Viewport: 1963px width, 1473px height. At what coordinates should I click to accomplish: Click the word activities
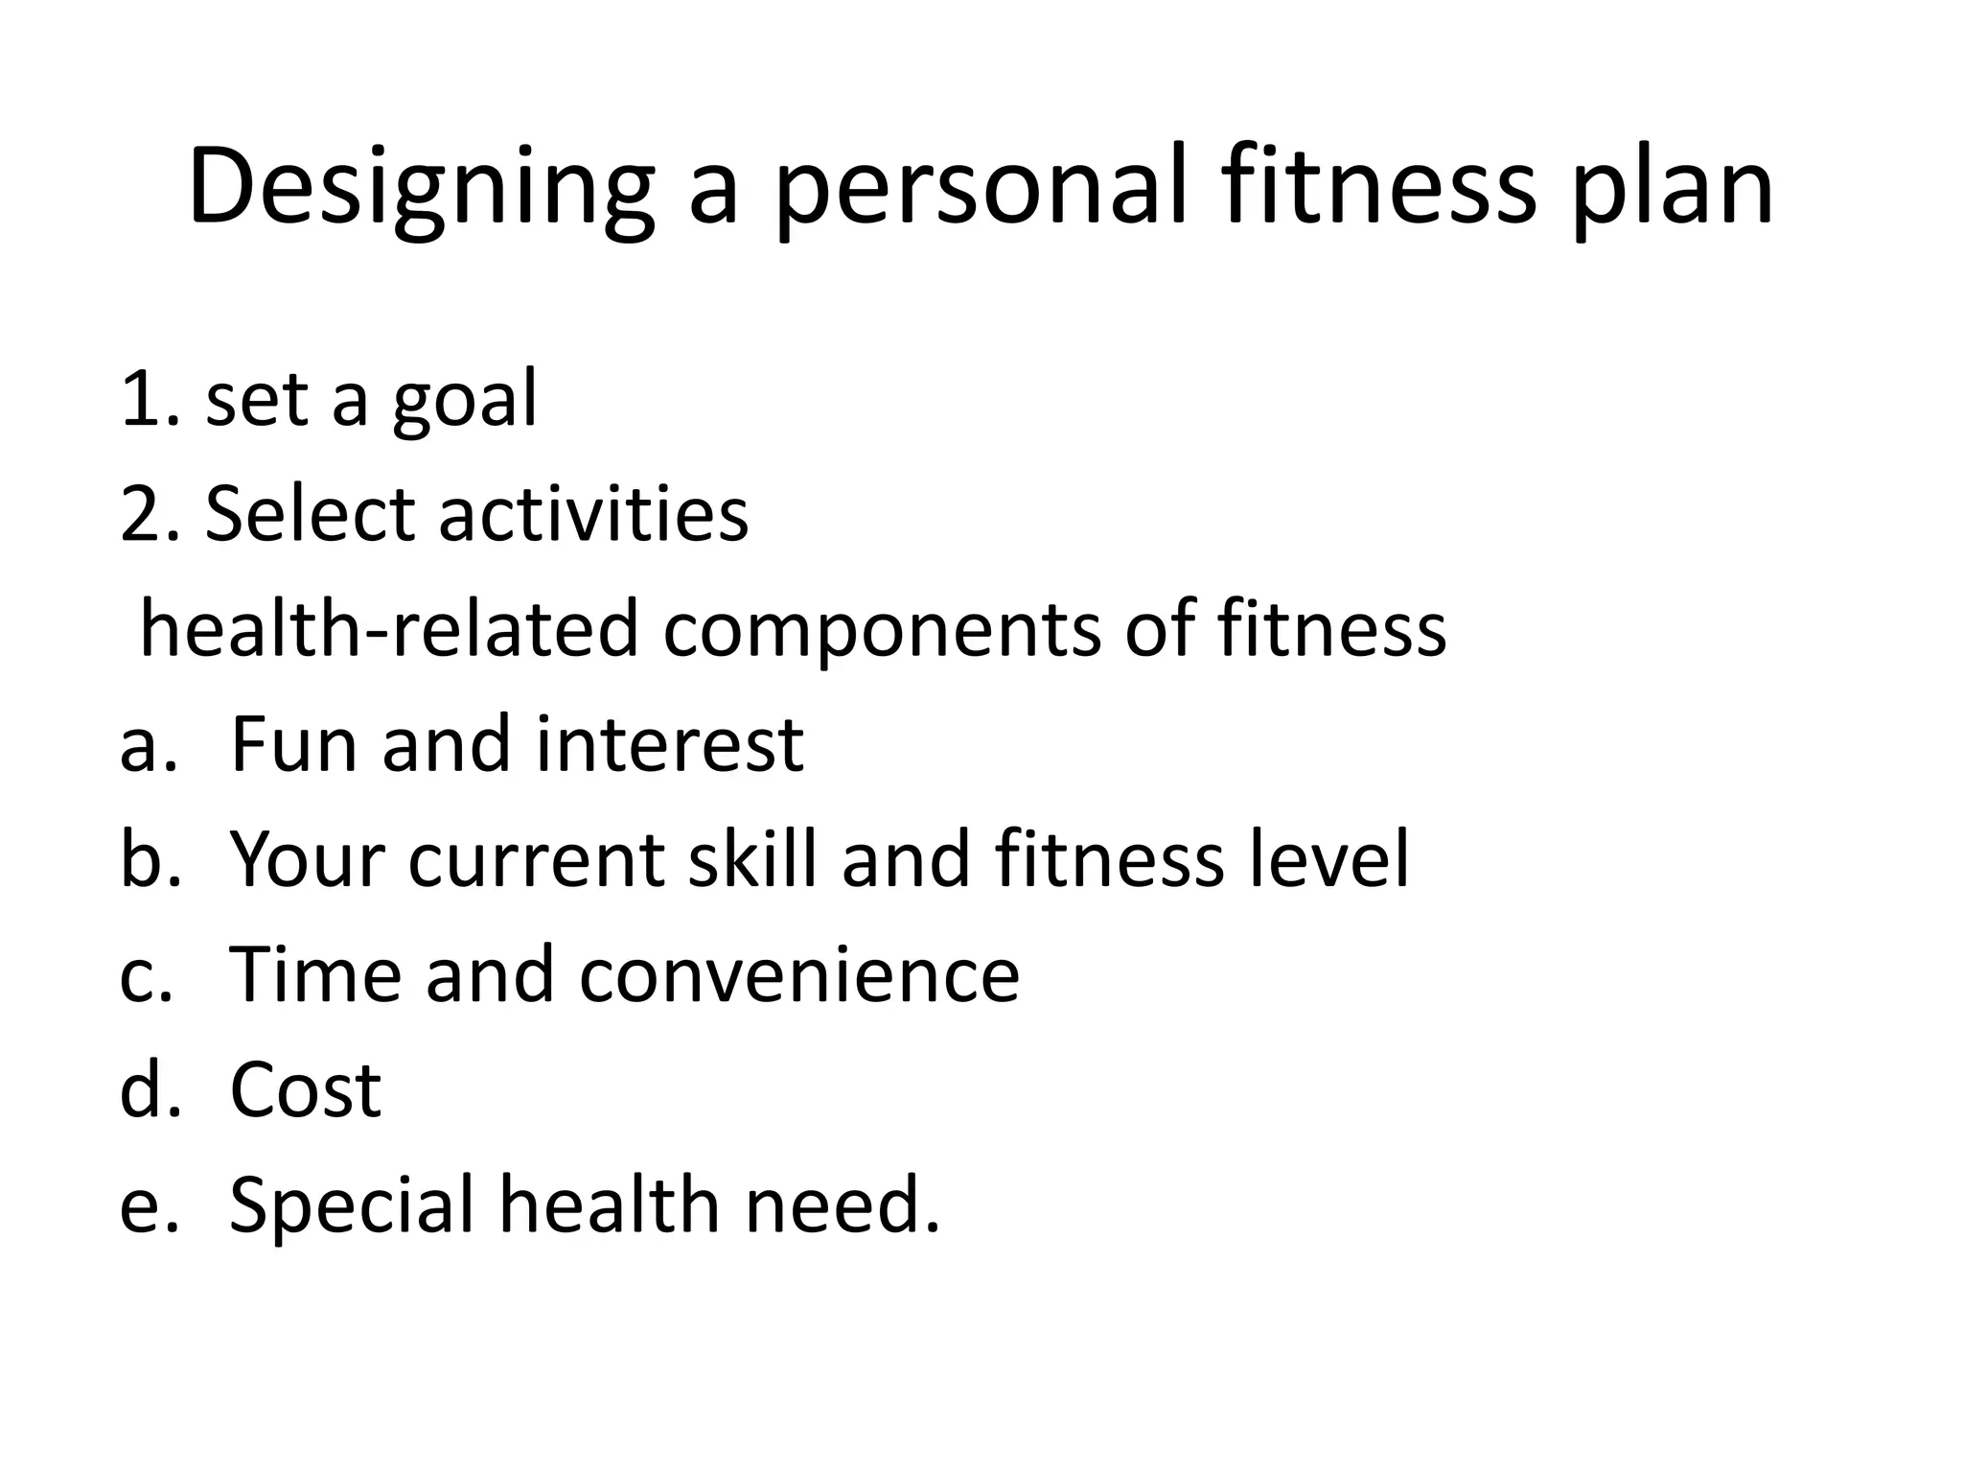coord(593,514)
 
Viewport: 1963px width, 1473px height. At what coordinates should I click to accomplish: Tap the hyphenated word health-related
coord(389,629)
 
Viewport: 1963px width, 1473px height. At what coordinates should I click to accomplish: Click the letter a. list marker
coord(149,744)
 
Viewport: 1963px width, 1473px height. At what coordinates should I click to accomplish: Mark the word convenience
coord(799,974)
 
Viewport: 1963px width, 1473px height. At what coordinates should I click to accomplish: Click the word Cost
coord(306,1089)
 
